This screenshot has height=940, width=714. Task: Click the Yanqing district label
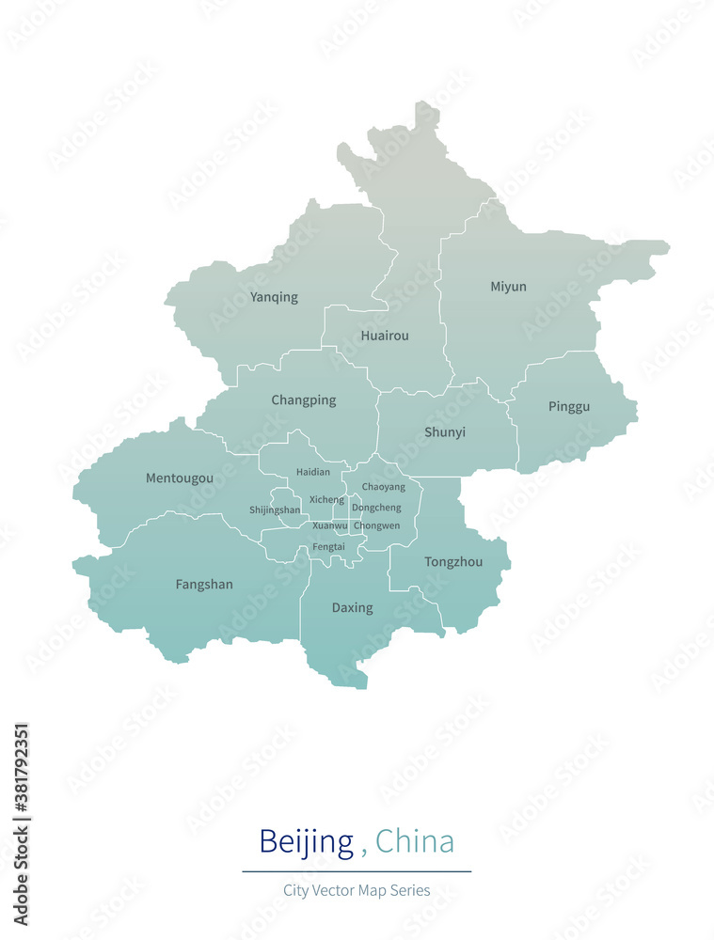pos(274,297)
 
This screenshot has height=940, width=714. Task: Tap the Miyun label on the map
pos(508,287)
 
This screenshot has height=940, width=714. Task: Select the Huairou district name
pos(385,336)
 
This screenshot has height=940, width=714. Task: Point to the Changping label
pos(303,400)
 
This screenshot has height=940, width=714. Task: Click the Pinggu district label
pos(569,407)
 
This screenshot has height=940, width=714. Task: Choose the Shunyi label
pos(444,432)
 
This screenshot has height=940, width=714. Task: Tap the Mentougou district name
pos(179,478)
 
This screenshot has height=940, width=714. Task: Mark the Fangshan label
pos(204,585)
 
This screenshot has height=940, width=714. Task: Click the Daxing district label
pos(352,608)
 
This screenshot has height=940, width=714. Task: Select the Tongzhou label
pos(453,562)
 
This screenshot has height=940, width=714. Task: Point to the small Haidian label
pos(313,472)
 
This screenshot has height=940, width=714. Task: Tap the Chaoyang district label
pos(384,487)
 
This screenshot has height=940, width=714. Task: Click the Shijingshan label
pos(275,510)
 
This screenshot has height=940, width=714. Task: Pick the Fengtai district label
pos(328,546)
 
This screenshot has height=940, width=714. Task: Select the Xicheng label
pos(326,500)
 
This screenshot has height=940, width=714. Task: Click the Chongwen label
pos(376,525)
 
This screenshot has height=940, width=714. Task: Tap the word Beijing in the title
pos(306,840)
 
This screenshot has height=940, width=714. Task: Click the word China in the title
pos(415,840)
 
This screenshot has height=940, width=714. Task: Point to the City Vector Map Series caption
pos(357,890)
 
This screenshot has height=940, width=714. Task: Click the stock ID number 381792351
pos(21,800)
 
